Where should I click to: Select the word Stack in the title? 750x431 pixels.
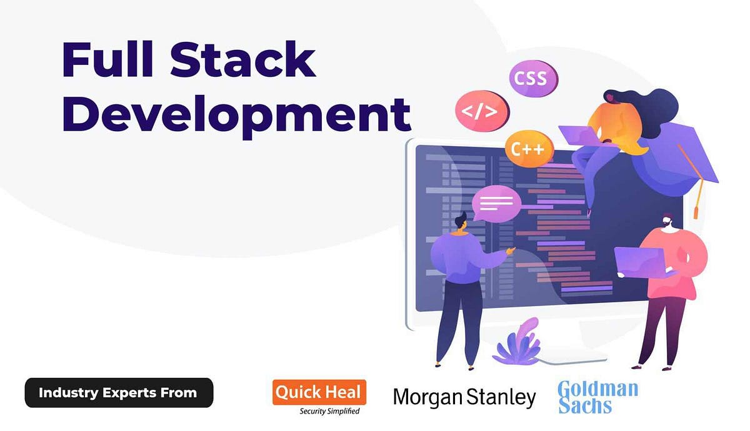242,61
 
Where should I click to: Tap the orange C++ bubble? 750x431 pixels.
529,149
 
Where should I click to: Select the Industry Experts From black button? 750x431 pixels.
119,393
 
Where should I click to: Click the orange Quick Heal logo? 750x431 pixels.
319,392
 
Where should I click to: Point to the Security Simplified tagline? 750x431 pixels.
329,411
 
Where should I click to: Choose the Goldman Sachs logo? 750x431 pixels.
597,397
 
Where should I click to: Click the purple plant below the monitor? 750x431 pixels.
517,343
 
